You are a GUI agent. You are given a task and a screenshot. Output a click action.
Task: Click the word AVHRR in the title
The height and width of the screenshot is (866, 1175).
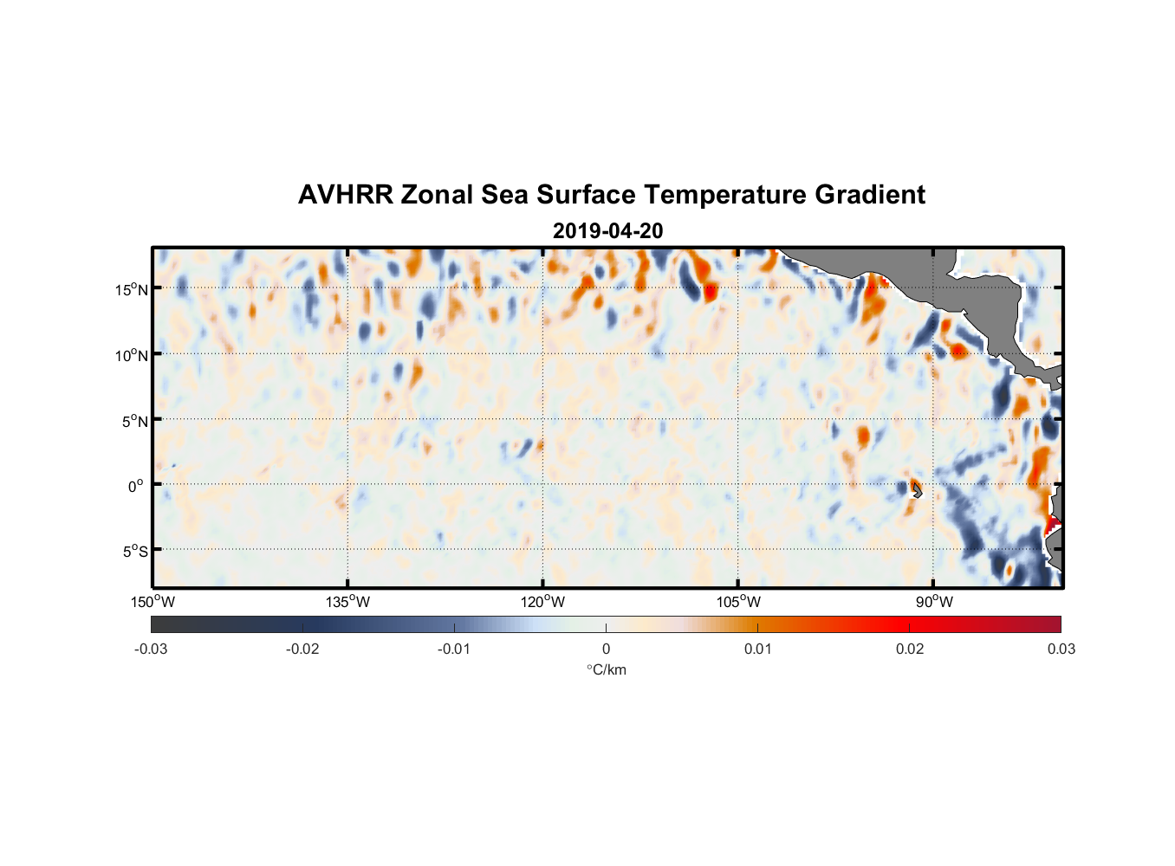(345, 195)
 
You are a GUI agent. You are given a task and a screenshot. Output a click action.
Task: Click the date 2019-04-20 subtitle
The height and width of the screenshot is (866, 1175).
(607, 231)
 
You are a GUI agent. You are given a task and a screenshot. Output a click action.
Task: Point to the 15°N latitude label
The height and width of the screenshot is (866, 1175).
(132, 289)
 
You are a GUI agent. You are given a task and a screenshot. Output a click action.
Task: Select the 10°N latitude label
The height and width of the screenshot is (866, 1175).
(132, 355)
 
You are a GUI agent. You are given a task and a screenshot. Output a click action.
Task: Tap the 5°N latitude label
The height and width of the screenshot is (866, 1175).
(134, 421)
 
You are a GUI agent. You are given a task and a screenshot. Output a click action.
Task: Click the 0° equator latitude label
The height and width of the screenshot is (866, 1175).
(135, 486)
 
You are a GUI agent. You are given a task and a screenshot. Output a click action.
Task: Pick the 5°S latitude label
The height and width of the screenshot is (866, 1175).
(134, 551)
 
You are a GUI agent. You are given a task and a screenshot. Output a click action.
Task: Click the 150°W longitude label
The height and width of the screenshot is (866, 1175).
(153, 602)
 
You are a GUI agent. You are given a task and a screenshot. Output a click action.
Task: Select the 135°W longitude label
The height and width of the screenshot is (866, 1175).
(347, 602)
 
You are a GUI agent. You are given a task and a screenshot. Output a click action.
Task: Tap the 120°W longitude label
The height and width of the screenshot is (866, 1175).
(542, 602)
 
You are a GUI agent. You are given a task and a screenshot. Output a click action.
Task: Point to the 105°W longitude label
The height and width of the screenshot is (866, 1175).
(738, 602)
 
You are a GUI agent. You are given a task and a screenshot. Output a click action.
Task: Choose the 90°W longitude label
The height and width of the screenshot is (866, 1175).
(934, 602)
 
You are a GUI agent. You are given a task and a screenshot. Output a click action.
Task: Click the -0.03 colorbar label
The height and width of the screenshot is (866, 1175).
(151, 649)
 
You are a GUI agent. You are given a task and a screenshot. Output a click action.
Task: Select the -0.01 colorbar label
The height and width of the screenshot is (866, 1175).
(454, 649)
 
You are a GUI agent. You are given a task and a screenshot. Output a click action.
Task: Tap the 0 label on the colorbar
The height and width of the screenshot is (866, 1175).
(606, 649)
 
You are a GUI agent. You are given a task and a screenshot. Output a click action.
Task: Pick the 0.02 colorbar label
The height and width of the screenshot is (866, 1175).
(910, 649)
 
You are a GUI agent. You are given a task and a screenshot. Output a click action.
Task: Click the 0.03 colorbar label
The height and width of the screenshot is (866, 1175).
(1061, 649)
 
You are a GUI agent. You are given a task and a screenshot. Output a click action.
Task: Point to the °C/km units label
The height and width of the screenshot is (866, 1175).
(607, 669)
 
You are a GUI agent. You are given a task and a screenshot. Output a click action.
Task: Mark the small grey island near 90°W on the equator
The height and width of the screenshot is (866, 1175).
(917, 491)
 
